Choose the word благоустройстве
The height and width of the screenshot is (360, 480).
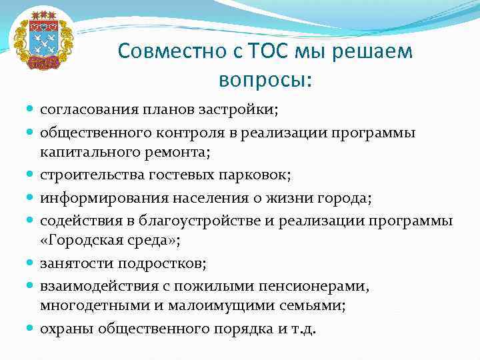(x=191, y=221)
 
